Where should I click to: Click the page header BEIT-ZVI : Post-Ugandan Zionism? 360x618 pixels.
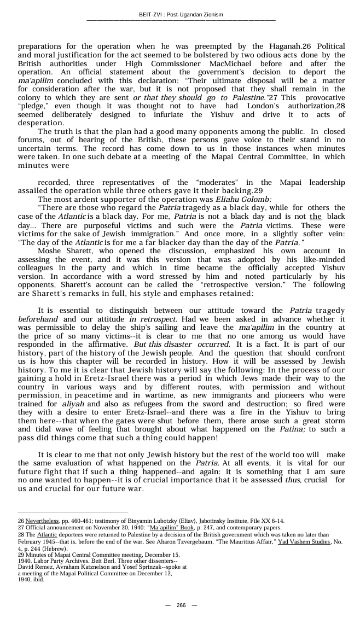click(181, 14)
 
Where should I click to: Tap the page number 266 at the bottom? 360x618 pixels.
click(181, 605)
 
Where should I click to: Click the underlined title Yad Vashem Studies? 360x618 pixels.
click(304, 541)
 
